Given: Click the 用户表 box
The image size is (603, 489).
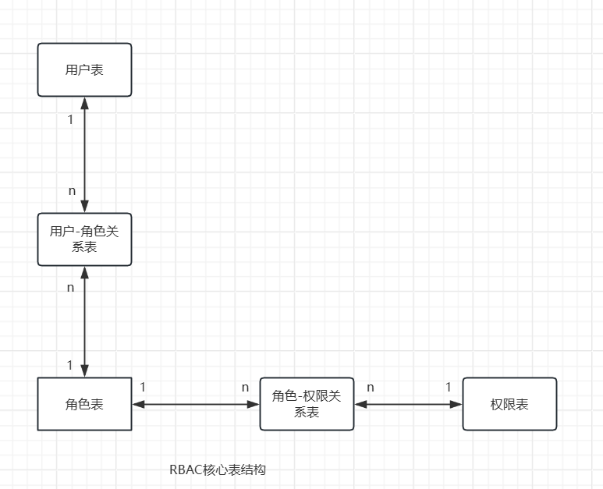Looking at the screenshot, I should (84, 70).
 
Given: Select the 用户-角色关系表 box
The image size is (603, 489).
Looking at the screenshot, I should (84, 239).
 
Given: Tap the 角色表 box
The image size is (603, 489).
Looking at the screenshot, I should (84, 404).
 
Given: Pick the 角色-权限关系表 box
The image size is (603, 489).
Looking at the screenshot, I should (307, 404).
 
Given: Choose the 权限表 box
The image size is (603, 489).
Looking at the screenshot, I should (509, 404).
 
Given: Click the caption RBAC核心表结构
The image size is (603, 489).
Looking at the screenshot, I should (218, 470).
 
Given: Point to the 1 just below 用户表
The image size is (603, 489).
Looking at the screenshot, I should (70, 120).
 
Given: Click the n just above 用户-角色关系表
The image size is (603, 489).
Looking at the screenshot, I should (72, 190).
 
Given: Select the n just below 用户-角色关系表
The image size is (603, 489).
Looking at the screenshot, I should (70, 287).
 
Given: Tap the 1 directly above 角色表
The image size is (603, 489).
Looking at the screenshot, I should (70, 364).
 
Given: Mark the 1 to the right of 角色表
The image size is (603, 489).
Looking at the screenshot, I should (143, 387).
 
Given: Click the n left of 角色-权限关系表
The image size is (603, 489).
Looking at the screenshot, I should (245, 387).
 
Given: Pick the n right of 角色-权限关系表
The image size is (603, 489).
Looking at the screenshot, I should (371, 387).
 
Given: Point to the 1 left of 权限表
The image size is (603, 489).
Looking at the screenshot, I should (449, 387).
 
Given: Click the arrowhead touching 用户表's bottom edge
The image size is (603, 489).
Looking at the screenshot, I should (84, 103).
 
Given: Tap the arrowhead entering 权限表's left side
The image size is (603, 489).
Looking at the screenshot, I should (457, 404).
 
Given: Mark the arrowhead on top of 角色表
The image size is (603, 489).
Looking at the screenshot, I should (84, 371).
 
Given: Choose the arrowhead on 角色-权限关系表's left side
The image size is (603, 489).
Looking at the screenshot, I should (254, 404).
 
